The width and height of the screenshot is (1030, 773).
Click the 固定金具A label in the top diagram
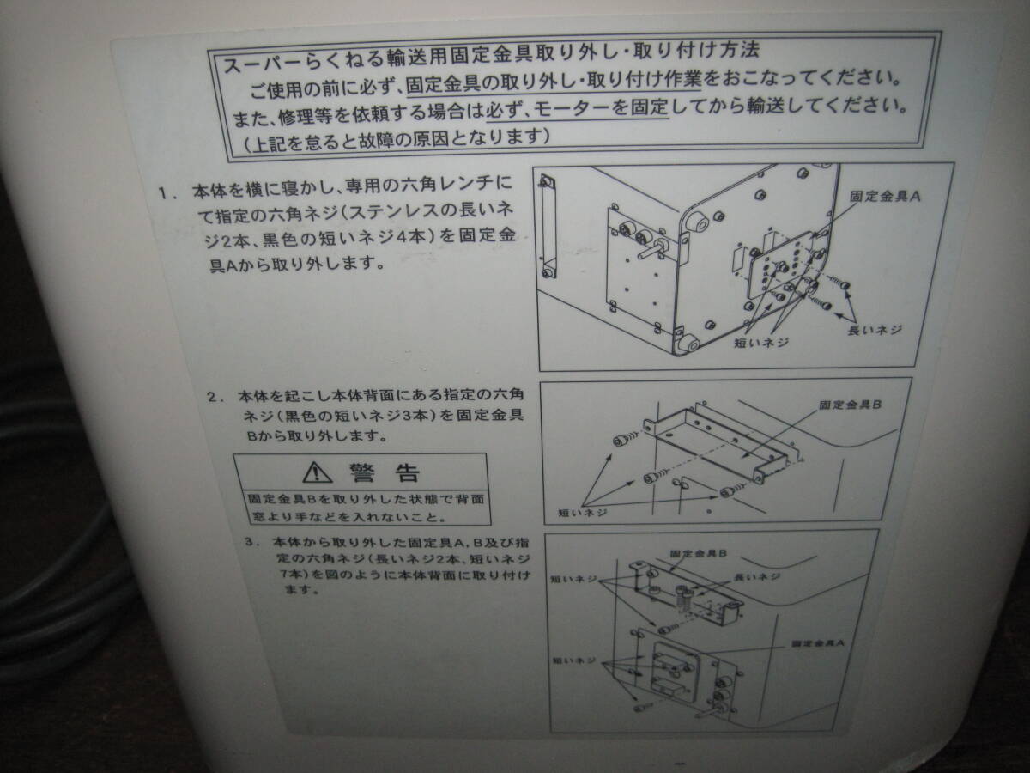(x=885, y=196)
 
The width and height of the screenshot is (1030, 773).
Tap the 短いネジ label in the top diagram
(x=761, y=341)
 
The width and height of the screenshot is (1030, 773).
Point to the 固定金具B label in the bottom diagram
(x=699, y=556)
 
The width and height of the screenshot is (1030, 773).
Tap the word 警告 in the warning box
(x=385, y=472)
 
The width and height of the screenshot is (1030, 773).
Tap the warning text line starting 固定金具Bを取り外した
(x=365, y=498)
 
